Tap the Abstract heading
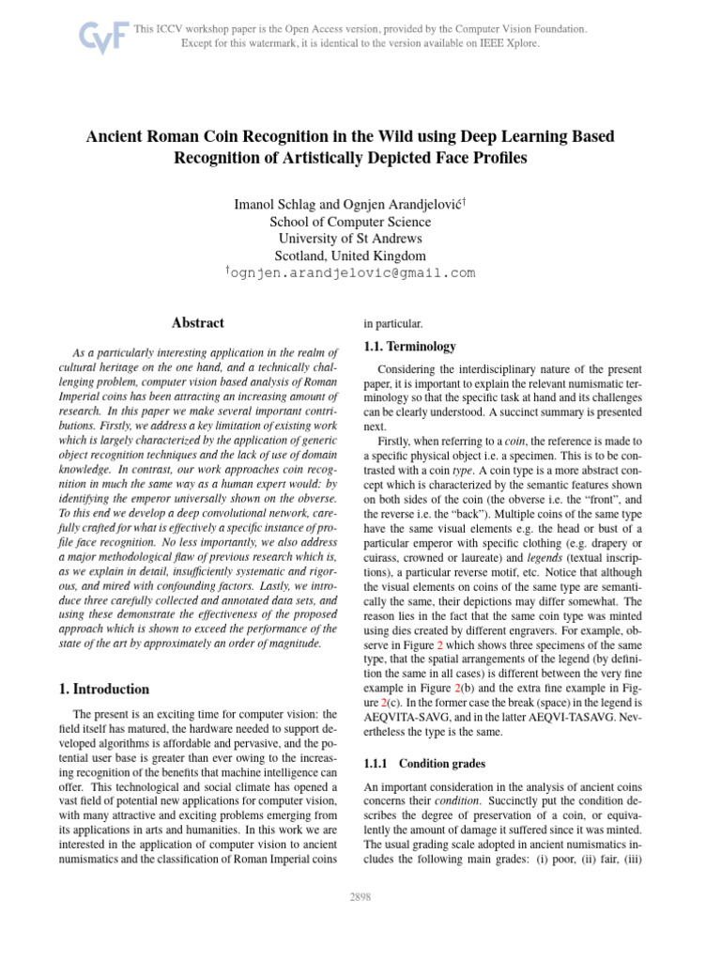[x=198, y=323]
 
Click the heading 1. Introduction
[x=104, y=689]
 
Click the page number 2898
[x=360, y=897]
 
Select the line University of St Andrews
[x=350, y=239]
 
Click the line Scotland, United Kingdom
[x=350, y=256]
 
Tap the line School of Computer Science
[x=350, y=222]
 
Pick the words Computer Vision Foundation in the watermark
[x=517, y=29]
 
